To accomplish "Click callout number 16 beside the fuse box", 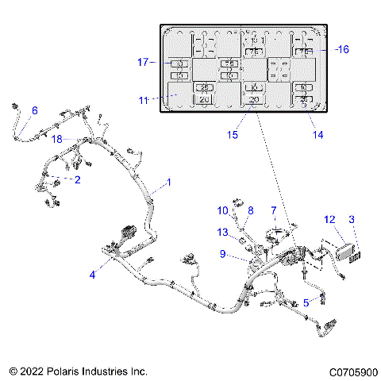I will [343, 49].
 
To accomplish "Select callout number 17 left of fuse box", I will [144, 62].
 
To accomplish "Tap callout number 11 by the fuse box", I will [144, 100].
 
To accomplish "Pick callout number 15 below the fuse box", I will [233, 136].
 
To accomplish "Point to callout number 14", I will [317, 136].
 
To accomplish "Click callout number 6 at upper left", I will [34, 110].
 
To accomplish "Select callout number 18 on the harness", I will [56, 139].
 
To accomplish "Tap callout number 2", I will [77, 180].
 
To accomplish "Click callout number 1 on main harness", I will [167, 183].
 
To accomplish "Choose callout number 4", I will [93, 275].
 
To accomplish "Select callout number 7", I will [274, 210].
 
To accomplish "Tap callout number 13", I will [223, 233].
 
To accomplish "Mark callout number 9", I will [223, 254].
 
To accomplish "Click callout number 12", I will [329, 218].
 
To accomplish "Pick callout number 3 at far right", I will [352, 218].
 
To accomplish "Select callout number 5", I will [306, 302].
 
